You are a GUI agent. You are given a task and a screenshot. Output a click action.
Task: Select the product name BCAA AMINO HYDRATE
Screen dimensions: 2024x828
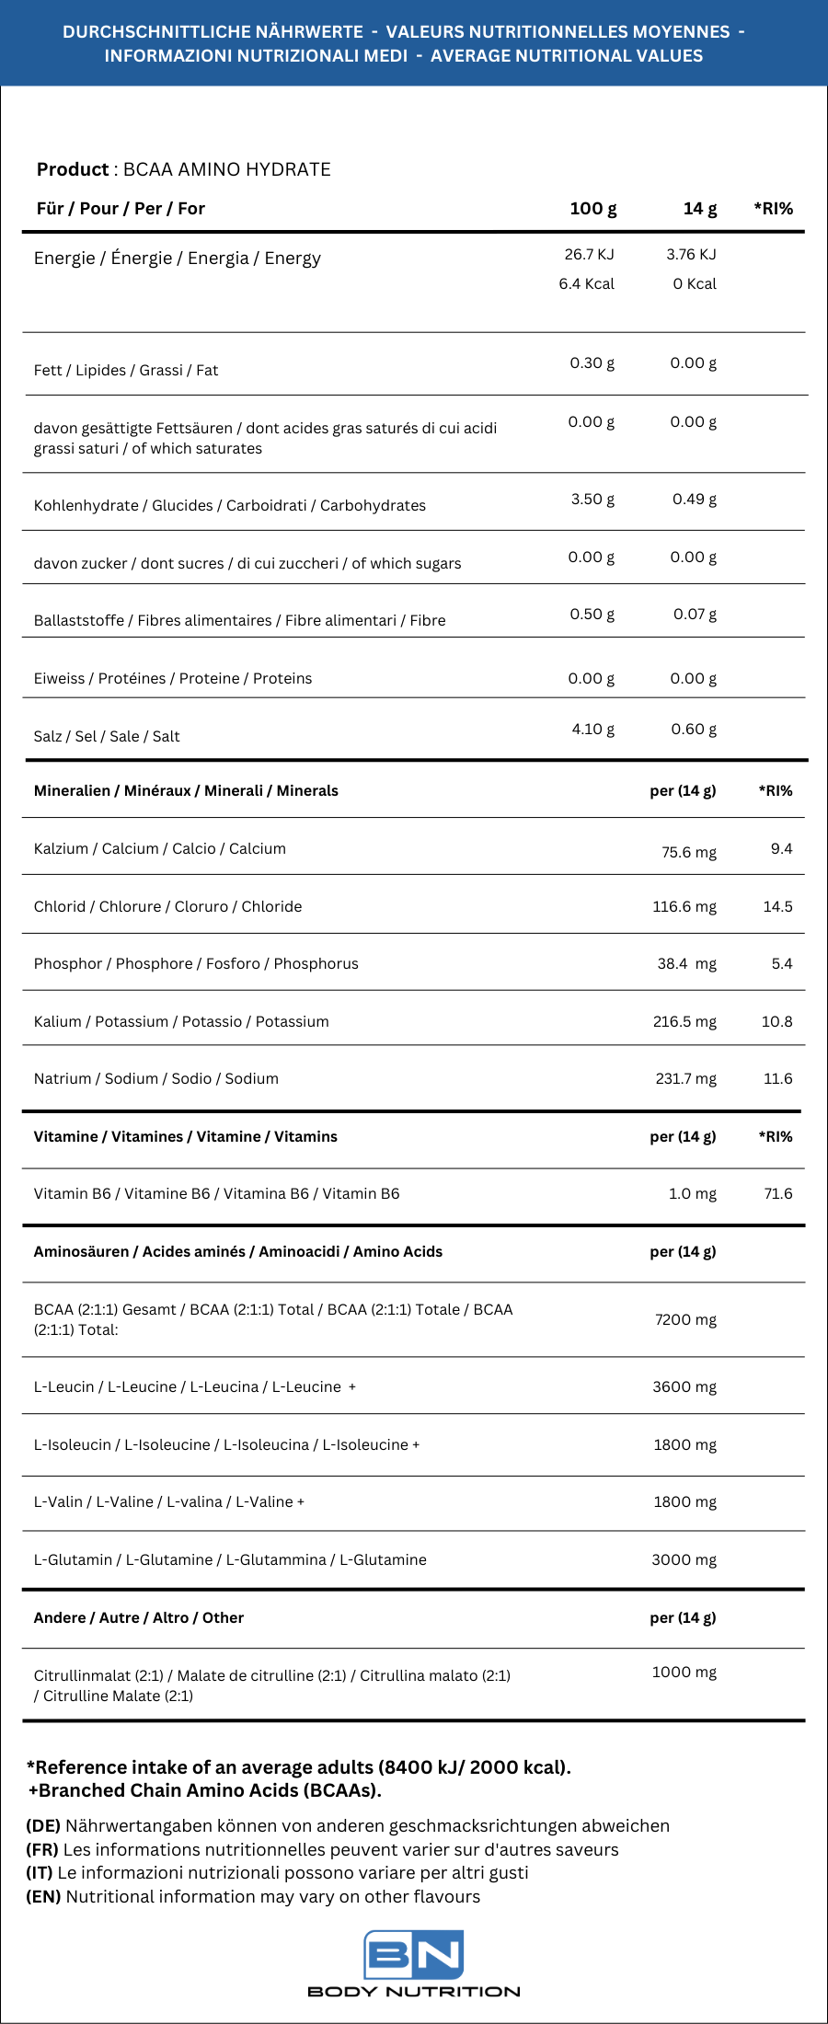click(x=226, y=169)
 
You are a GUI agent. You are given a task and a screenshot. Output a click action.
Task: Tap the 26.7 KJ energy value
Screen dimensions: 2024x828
click(x=589, y=254)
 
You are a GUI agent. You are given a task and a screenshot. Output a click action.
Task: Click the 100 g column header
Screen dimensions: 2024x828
click(x=592, y=209)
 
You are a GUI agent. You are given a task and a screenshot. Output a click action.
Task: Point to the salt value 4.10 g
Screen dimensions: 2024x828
click(x=592, y=729)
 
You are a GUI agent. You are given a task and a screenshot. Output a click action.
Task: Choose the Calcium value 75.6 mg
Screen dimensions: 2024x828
click(x=688, y=852)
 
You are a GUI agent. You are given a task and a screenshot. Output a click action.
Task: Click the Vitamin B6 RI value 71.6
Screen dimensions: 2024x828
click(x=777, y=1193)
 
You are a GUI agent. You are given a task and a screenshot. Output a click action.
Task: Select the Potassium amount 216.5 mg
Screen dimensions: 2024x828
click(x=684, y=1021)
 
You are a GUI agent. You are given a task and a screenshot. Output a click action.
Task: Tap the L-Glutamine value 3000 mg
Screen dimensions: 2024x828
click(x=684, y=1559)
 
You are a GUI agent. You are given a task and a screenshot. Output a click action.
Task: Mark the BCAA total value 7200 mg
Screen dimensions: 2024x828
click(x=685, y=1319)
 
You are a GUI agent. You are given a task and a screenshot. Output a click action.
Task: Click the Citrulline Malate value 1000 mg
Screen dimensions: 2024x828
click(x=684, y=1672)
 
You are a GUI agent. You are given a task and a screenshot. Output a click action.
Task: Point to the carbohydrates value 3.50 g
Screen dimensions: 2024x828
click(x=592, y=499)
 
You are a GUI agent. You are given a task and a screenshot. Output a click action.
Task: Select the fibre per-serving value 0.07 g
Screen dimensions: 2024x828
click(x=695, y=614)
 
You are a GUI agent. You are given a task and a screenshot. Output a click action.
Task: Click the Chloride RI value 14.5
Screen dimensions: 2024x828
click(x=777, y=906)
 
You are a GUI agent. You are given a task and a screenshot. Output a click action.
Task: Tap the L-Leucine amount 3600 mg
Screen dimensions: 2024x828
click(x=684, y=1386)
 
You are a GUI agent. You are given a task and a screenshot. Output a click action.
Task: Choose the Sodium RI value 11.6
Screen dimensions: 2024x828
click(x=777, y=1078)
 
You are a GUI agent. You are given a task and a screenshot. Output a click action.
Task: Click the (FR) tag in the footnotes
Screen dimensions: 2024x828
click(x=42, y=1849)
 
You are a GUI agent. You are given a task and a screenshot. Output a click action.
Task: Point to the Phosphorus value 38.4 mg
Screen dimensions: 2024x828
click(x=686, y=963)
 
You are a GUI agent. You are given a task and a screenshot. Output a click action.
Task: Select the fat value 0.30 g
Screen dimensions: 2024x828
click(x=592, y=362)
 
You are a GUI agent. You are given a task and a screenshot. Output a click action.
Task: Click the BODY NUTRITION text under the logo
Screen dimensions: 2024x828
click(x=413, y=1992)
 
